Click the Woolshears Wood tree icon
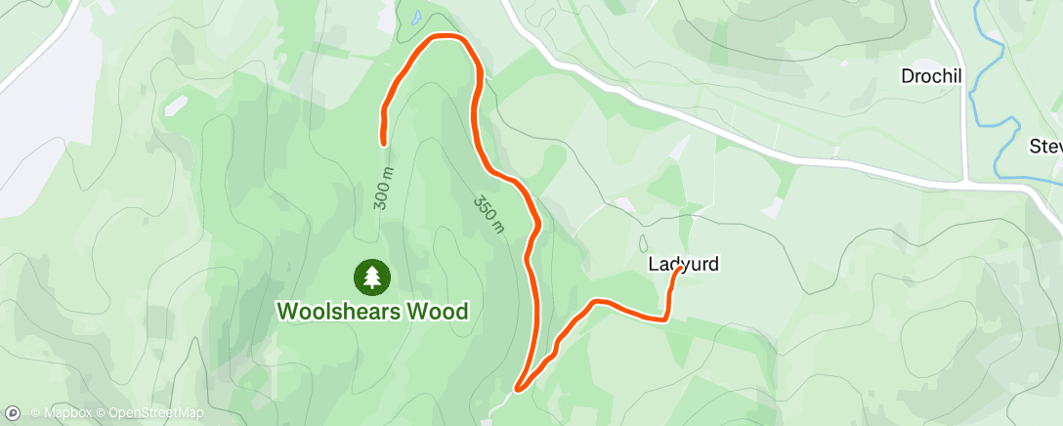tap(371, 276)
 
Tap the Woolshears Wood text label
tap(372, 311)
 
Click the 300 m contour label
tap(382, 190)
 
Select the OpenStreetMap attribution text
tap(155, 412)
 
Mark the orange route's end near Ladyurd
tap(678, 270)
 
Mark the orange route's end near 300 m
tap(384, 143)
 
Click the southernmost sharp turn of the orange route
tap(517, 389)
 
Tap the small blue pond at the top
tap(416, 17)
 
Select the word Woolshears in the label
tap(339, 311)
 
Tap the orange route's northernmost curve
tap(446, 37)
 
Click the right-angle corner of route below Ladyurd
tap(665, 318)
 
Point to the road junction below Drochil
tap(963, 182)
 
